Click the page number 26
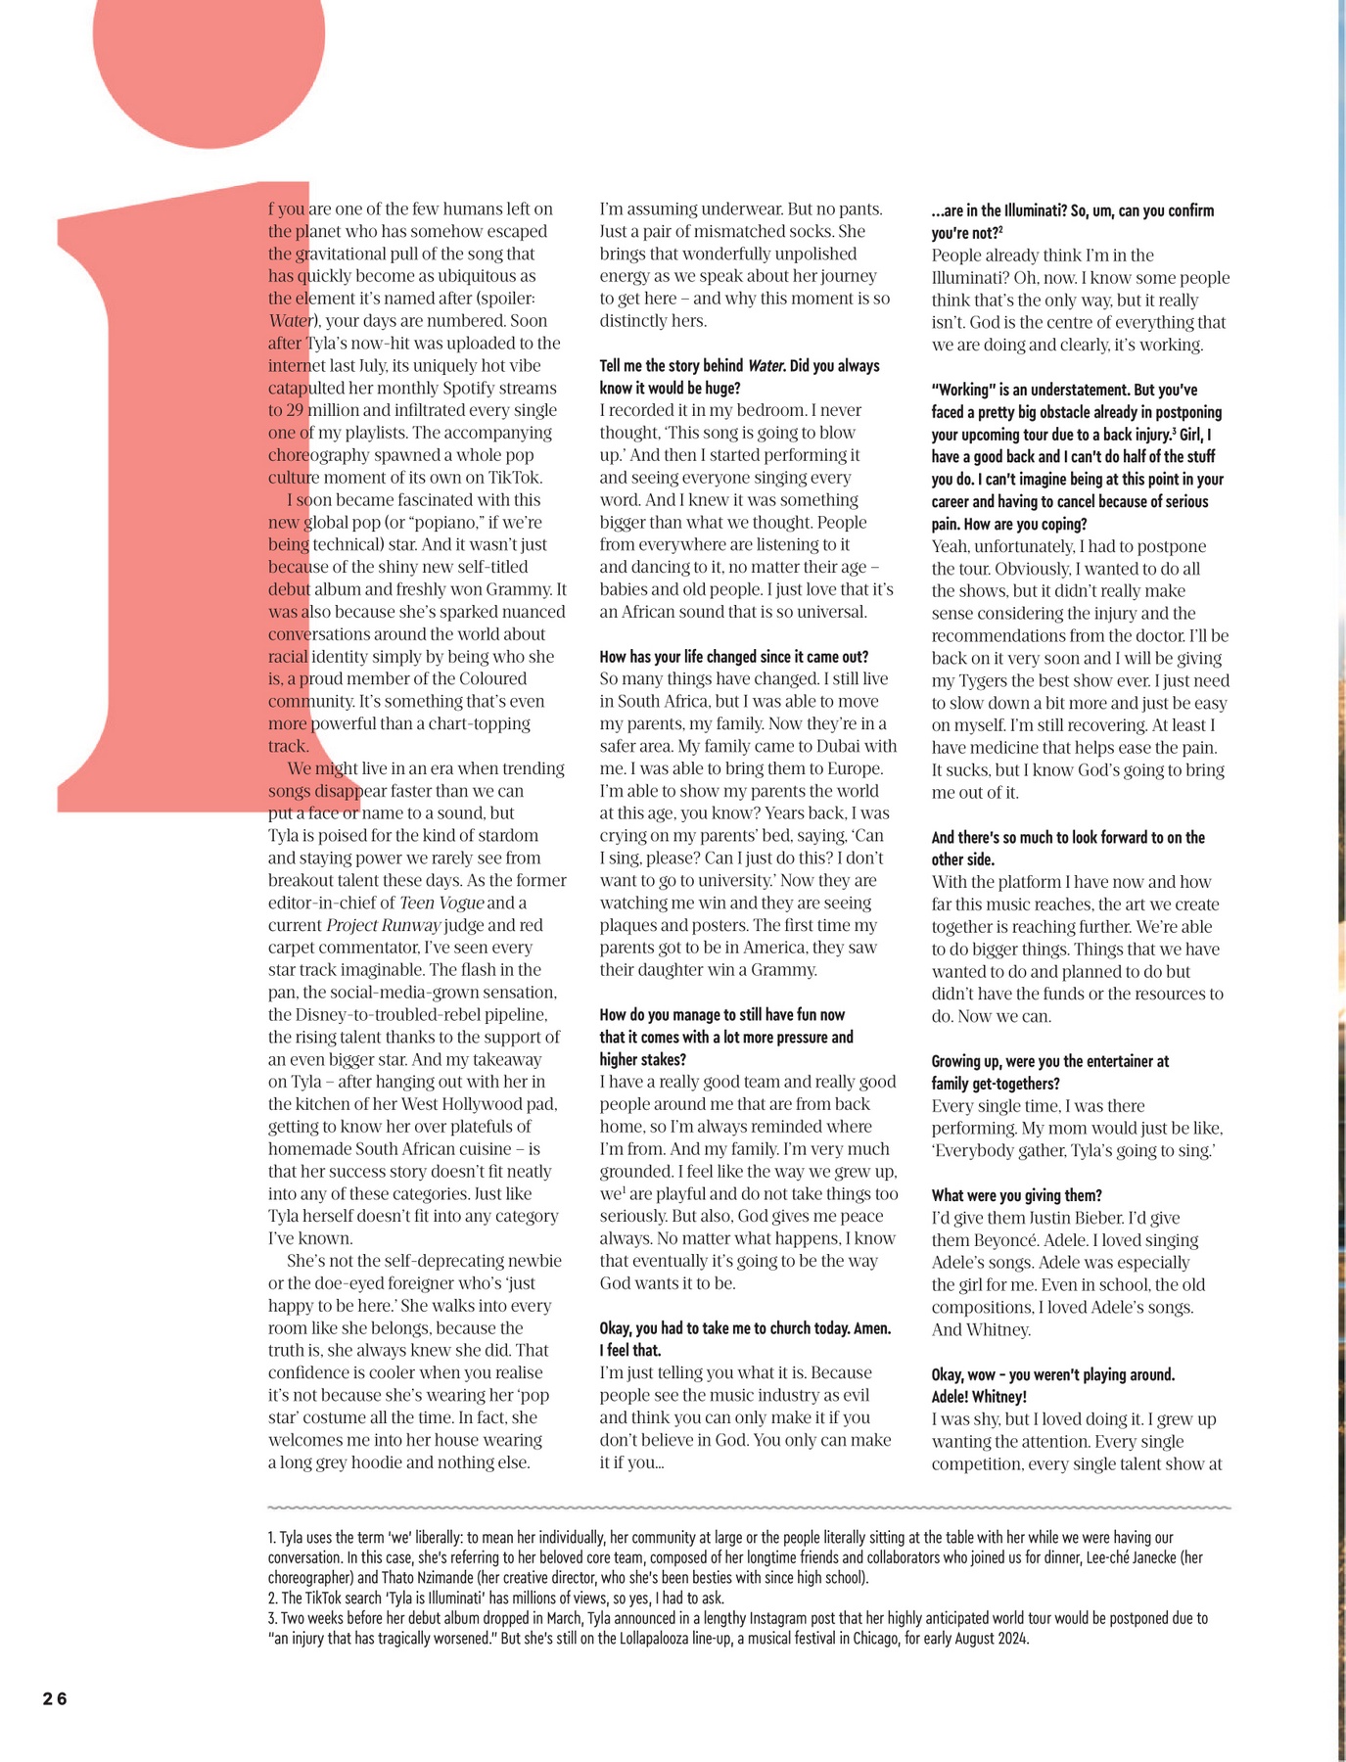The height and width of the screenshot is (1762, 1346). (55, 1698)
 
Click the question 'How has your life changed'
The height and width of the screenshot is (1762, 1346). (733, 657)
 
